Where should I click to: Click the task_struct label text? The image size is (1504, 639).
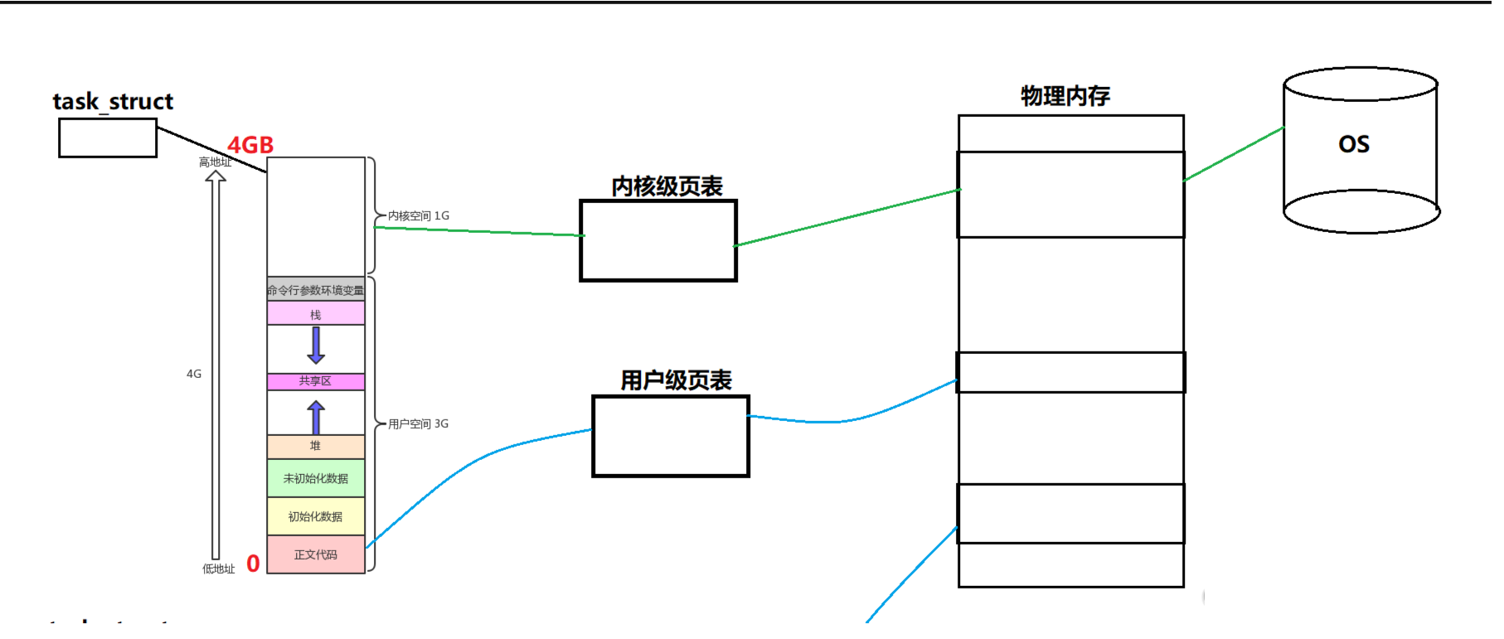coord(113,101)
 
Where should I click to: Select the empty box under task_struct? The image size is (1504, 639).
coord(108,138)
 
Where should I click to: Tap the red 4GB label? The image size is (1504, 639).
coord(250,145)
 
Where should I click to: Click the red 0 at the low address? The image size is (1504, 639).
coord(253,564)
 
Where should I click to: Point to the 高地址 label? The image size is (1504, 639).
coord(215,162)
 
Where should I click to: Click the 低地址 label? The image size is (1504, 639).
coord(219,569)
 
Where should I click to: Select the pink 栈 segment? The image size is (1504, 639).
coord(316,314)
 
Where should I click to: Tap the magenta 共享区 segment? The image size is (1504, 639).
coord(316,381)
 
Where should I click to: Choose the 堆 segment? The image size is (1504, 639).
coord(316,446)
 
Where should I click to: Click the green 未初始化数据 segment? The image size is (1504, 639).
coord(316,478)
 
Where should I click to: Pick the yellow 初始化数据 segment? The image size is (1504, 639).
coord(316,516)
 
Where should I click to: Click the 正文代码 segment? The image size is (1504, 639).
coord(316,554)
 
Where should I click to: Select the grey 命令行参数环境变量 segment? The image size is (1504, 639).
coord(316,289)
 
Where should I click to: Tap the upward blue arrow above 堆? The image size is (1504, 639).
coord(316,417)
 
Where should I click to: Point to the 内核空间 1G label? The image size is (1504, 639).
coord(419,215)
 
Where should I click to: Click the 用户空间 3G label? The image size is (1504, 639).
coord(419,424)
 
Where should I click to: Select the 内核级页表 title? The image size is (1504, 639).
coord(667,186)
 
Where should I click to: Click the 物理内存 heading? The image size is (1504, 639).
coord(1065,96)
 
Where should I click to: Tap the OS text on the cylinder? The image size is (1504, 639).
coord(1354,144)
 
